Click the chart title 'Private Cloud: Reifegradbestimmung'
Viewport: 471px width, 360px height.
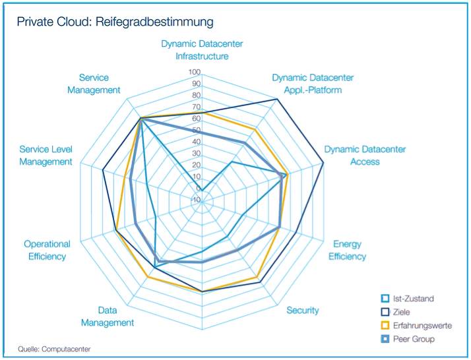115,22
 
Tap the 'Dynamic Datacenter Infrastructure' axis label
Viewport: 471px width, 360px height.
202,50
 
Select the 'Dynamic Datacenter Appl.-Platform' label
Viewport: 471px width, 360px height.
307,84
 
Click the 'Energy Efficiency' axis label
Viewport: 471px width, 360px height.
347,251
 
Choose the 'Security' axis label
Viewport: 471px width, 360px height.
303,310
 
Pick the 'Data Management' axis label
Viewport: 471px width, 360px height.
108,316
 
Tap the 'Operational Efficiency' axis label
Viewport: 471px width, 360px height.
47,250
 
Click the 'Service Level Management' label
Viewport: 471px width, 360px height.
46,156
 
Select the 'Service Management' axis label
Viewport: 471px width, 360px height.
94,84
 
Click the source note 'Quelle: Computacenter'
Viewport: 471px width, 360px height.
54,349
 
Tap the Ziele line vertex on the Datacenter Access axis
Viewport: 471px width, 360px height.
323,162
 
